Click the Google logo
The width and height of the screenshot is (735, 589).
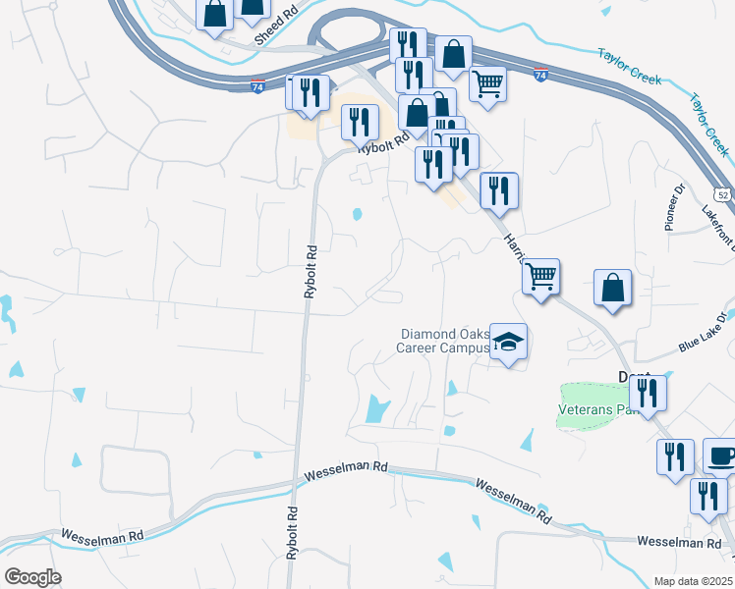[x=32, y=576]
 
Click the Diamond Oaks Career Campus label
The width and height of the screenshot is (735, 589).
[x=443, y=340]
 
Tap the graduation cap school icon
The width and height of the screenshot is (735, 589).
[x=508, y=343]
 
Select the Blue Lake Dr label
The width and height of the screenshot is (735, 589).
[x=706, y=333]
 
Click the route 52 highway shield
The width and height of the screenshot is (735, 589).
[x=723, y=194]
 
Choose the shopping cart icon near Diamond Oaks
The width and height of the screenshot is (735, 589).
[x=539, y=278]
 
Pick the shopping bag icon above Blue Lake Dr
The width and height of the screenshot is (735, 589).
[x=612, y=289]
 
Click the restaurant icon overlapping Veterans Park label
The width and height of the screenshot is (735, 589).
[x=648, y=393]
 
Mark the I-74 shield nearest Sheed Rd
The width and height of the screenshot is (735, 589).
[x=257, y=85]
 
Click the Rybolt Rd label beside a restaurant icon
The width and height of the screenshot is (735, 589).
[x=381, y=144]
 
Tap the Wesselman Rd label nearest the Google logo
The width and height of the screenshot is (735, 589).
[x=102, y=536]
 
